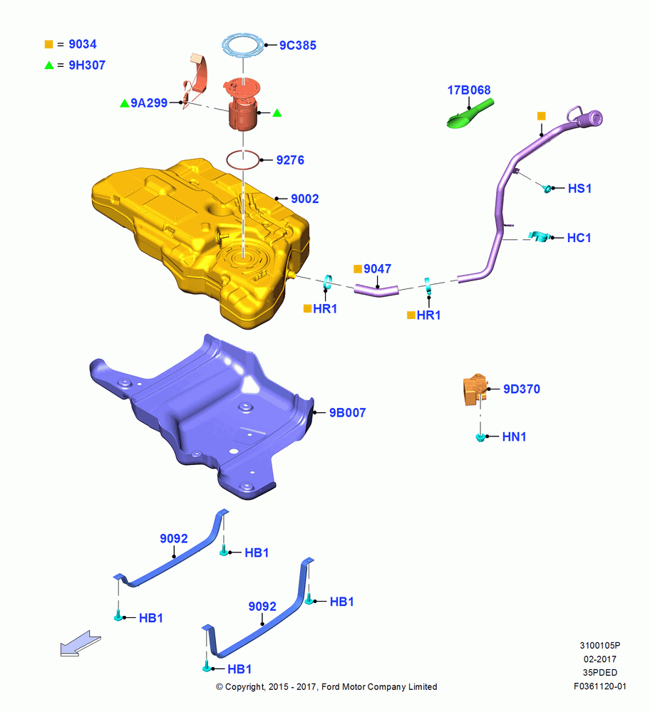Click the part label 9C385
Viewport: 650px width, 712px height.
coord(298,46)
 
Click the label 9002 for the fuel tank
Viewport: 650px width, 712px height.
coord(305,199)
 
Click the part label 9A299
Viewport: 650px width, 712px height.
coord(149,103)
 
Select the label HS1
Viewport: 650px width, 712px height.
coord(579,189)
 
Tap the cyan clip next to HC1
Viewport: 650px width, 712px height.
coord(540,236)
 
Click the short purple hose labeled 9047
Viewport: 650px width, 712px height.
coord(376,290)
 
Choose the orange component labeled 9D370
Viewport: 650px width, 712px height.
coord(475,389)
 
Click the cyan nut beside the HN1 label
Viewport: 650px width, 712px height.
coord(480,437)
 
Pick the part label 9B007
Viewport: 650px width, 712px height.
coord(347,413)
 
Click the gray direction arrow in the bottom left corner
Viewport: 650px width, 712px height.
coord(81,644)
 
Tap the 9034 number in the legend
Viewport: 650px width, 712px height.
coord(83,44)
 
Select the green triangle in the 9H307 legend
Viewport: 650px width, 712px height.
coord(49,66)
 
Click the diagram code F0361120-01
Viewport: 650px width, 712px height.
coord(600,686)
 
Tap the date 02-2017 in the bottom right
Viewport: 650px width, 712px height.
coord(600,659)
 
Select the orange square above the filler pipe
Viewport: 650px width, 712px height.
coord(541,116)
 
